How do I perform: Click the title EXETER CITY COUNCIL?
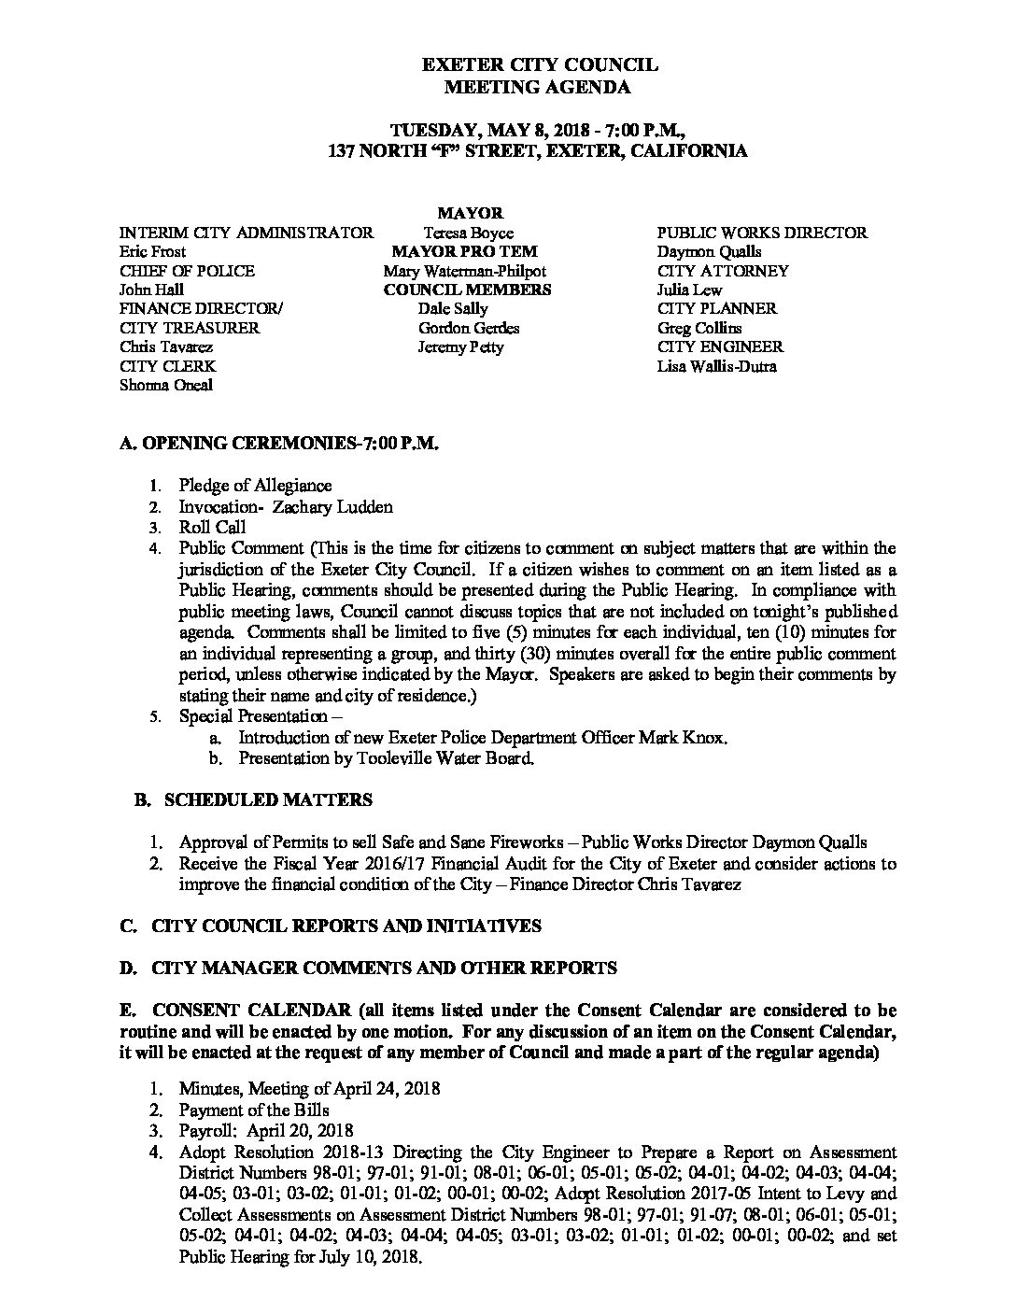[x=540, y=65]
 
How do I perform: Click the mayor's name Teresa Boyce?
[x=469, y=233]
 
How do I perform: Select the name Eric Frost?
[x=153, y=251]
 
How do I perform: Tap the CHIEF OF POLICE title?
[x=187, y=271]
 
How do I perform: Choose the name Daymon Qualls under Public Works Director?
[x=709, y=251]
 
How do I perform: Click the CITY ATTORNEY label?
[x=723, y=271]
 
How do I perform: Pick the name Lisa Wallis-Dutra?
[x=716, y=366]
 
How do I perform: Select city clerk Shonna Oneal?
[x=166, y=385]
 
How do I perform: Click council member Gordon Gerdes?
[x=469, y=328]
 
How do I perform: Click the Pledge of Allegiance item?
[x=255, y=486]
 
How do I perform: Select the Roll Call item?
[x=212, y=528]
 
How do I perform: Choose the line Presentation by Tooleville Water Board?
[x=387, y=758]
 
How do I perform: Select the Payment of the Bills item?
[x=254, y=1110]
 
